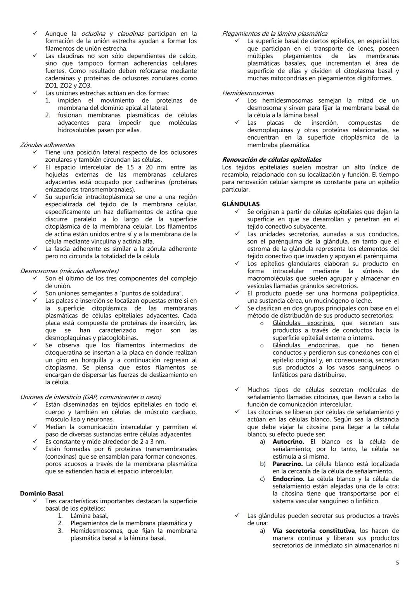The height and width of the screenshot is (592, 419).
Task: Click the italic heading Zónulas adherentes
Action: tap(47, 145)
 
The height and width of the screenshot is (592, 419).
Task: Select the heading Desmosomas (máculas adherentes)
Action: tap(69, 271)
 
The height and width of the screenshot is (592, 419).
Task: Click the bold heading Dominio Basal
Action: tap(42, 494)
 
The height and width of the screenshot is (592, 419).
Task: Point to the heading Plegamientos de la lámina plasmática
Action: tap(274, 34)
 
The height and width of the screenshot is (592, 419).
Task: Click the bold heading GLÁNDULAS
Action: tap(241, 204)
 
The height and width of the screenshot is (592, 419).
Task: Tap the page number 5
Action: tap(397, 563)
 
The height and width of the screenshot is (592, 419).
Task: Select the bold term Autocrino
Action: tap(288, 442)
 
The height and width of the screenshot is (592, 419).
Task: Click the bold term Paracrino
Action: tap(287, 464)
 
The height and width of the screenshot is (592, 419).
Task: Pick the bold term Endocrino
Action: tap(288, 479)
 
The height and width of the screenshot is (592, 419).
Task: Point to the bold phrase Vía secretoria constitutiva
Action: tap(313, 531)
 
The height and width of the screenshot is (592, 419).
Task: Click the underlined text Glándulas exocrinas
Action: tap(303, 323)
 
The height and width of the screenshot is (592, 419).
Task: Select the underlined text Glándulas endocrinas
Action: tap(305, 345)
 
